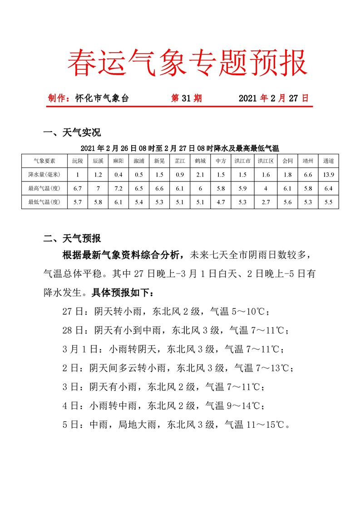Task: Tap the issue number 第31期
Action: (x=186, y=98)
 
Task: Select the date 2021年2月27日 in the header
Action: (x=273, y=98)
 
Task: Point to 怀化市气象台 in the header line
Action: (x=102, y=98)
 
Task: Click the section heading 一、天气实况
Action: (x=71, y=132)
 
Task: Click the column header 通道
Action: (x=328, y=161)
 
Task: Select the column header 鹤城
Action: (x=200, y=161)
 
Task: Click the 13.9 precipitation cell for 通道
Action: (x=328, y=175)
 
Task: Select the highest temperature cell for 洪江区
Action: (x=266, y=188)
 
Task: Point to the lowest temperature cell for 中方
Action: (x=221, y=202)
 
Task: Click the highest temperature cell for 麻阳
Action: (x=118, y=188)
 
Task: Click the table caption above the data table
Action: (x=179, y=148)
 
